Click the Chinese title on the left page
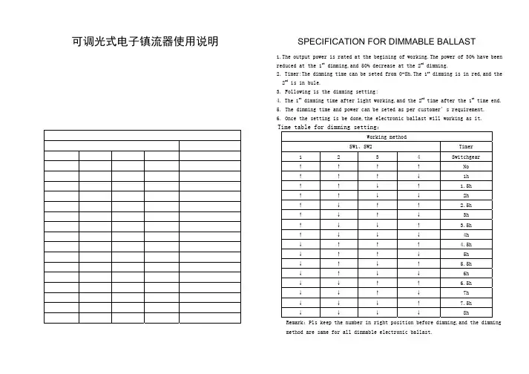[x=145, y=42]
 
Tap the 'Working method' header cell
[x=386, y=138]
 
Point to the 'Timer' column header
[x=466, y=148]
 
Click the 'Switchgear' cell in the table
[x=466, y=157]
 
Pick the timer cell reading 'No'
[x=466, y=167]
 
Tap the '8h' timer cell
[x=466, y=313]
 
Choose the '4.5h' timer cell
[x=466, y=245]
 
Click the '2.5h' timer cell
[x=466, y=206]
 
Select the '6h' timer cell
[x=466, y=274]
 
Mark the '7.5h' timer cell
[x=466, y=304]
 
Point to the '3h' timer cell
[x=466, y=215]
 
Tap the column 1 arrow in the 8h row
[x=300, y=313]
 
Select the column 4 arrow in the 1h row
[x=418, y=177]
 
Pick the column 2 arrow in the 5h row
[x=338, y=255]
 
